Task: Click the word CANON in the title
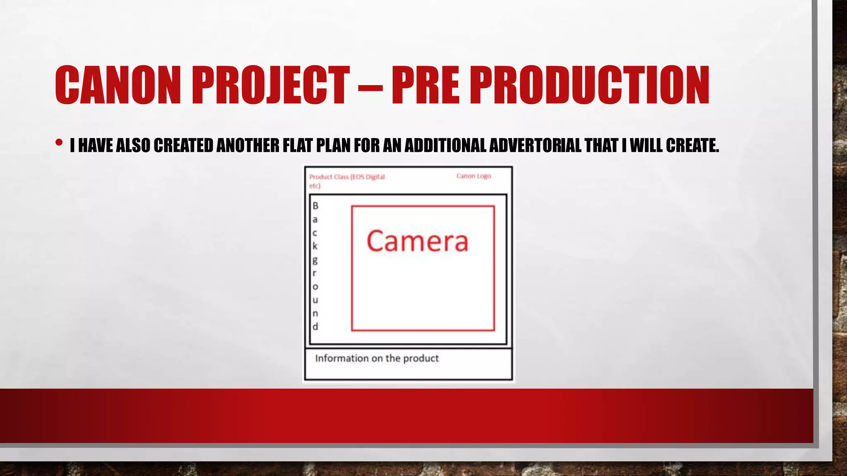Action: click(118, 85)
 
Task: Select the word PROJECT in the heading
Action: click(270, 85)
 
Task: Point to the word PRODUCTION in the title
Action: click(590, 85)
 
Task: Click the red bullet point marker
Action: click(59, 143)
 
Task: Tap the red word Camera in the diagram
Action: click(417, 241)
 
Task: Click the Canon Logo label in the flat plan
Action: click(474, 176)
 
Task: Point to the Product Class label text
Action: click(347, 177)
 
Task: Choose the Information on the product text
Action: click(377, 358)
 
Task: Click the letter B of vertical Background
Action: click(315, 205)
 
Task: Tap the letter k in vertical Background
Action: click(315, 246)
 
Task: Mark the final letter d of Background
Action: click(315, 326)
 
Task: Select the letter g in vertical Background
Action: click(315, 260)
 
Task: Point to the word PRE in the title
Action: click(425, 85)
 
